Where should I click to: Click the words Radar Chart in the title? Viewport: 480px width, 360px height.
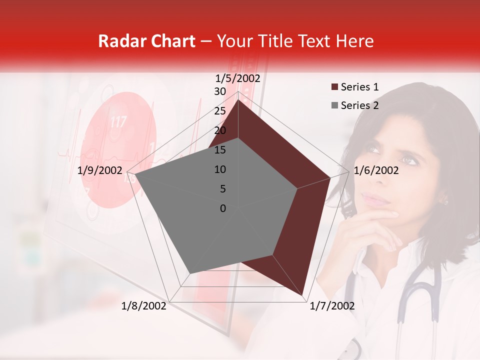(x=146, y=41)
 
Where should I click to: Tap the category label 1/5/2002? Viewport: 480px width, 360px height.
(x=238, y=78)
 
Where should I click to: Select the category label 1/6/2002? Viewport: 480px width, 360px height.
(x=376, y=170)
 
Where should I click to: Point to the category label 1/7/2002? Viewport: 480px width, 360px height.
(x=332, y=306)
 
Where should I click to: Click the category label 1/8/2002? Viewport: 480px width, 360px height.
(x=144, y=306)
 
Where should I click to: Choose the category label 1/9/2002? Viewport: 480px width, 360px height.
(x=100, y=170)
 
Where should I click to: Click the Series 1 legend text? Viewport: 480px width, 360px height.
(x=359, y=87)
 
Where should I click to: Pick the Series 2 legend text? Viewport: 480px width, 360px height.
(x=359, y=105)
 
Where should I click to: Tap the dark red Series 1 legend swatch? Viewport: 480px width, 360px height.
(x=334, y=87)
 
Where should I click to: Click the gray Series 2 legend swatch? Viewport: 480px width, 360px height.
(x=334, y=105)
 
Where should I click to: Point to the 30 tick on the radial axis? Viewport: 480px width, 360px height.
(x=220, y=91)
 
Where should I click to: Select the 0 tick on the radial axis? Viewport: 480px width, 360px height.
(x=223, y=208)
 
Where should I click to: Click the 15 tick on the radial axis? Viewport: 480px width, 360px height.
(x=220, y=150)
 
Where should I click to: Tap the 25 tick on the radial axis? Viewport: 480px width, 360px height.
(x=220, y=111)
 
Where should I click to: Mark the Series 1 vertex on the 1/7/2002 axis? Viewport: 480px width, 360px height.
(x=302, y=294)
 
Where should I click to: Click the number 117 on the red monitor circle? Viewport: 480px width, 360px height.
(x=118, y=122)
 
